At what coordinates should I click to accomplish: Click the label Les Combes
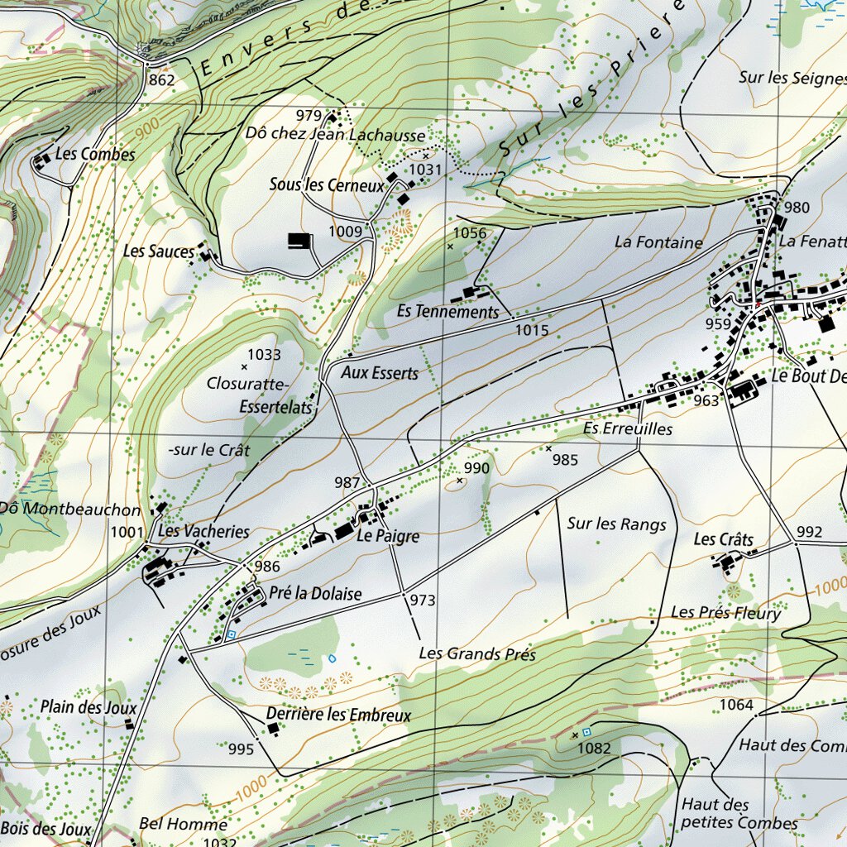pos(95,155)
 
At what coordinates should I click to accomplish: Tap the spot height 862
pos(162,80)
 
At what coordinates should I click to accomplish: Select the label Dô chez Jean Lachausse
pos(335,135)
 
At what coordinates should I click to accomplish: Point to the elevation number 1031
pos(427,170)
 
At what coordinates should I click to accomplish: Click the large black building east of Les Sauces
pos(299,241)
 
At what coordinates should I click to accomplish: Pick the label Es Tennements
pos(447,312)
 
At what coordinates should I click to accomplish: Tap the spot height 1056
pos(470,233)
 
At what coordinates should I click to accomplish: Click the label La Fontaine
pos(658,242)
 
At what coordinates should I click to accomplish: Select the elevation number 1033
pos(264,355)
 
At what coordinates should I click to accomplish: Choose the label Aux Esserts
pos(380,373)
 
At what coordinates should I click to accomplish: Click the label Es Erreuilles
pos(628,429)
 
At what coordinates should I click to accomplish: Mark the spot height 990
pos(477,468)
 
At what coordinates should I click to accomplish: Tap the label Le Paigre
pos(388,537)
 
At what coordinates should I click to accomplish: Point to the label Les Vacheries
pos(203,531)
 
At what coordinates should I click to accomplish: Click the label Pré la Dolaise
pos(315,594)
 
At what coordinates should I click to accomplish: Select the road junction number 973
pos(422,601)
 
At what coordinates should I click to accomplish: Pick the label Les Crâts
pos(724,540)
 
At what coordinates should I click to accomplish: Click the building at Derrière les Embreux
pos(273,728)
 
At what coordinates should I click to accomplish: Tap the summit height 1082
pos(595,749)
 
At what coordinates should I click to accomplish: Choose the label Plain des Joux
pos(89,707)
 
